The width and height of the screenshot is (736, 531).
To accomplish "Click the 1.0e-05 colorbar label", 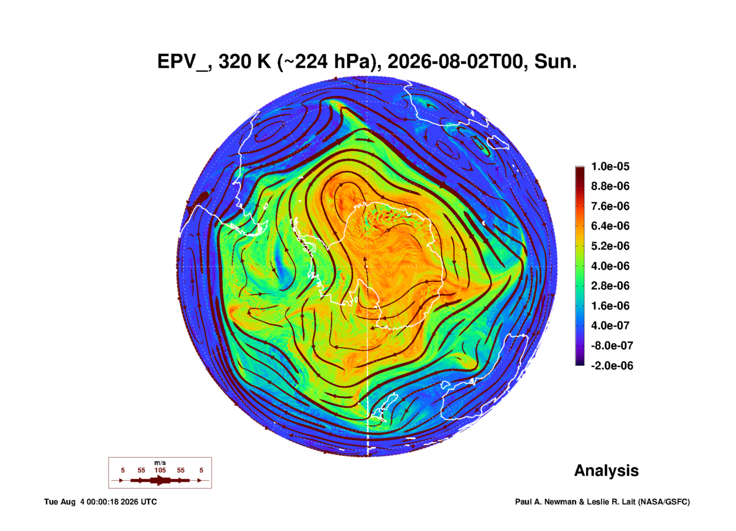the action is point(610,166).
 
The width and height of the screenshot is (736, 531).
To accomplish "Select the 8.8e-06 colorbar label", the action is point(610,186).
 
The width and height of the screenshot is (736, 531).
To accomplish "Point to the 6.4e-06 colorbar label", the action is point(610,226).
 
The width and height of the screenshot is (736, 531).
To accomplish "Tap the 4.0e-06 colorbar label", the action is point(610,266).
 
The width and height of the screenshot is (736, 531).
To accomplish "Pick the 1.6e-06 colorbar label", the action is point(610,306).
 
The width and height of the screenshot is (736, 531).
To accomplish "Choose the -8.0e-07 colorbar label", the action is point(612,346).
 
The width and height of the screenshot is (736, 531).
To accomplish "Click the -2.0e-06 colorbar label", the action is point(612,366).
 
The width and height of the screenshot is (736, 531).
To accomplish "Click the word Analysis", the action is point(606,471).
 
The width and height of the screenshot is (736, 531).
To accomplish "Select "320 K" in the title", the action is point(245,62).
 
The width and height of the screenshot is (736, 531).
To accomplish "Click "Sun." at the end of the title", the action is point(555,62).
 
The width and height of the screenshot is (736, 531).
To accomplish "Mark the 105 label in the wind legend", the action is point(160,470).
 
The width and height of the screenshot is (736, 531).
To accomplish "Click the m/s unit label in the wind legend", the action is point(160,463).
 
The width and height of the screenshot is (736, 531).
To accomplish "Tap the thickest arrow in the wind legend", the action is point(160,480).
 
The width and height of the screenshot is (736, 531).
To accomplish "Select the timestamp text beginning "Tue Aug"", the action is point(101,502).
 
